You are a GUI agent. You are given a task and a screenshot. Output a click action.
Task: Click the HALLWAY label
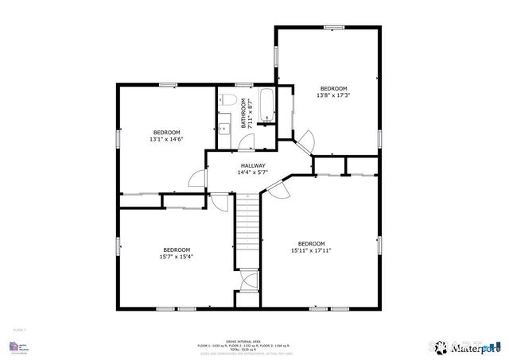254,165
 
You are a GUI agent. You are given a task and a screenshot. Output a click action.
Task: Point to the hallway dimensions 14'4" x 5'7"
254,172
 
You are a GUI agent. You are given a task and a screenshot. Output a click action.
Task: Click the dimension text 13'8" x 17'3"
333,95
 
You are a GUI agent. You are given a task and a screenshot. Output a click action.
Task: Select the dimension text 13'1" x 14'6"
166,139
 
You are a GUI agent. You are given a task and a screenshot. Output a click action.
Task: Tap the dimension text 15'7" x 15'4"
177,256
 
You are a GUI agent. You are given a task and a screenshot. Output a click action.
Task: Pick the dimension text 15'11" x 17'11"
311,250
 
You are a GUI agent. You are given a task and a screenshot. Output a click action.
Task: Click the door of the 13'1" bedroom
196,178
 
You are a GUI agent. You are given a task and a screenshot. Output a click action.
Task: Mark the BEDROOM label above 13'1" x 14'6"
166,132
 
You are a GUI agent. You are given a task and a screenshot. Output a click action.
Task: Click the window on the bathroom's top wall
243,84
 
